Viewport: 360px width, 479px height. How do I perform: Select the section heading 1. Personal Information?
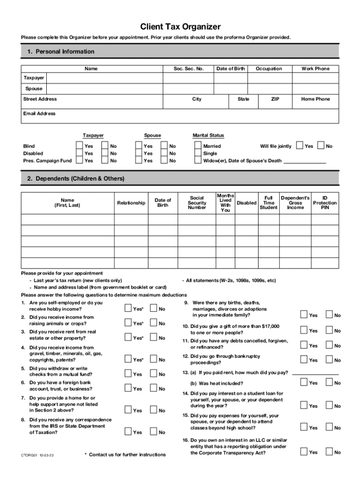point(61,51)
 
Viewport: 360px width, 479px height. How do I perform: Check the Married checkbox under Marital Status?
point(198,146)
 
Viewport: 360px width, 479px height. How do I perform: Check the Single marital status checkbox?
point(198,153)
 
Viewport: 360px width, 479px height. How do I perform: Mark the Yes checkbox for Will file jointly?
point(300,146)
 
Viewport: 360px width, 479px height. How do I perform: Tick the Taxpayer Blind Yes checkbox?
point(79,146)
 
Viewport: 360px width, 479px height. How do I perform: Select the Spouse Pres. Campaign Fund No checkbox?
point(164,161)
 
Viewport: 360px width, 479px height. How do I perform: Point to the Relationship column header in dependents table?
point(131,203)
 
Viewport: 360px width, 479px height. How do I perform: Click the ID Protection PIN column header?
point(324,203)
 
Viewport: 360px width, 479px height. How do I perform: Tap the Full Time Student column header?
point(268,203)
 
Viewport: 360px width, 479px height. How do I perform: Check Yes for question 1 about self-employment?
point(128,308)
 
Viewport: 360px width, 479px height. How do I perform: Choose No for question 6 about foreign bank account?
point(153,388)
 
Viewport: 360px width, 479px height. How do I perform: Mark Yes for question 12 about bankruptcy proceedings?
point(304,359)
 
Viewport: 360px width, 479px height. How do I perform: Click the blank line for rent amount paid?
point(315,373)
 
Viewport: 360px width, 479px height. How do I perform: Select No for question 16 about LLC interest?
point(329,451)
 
